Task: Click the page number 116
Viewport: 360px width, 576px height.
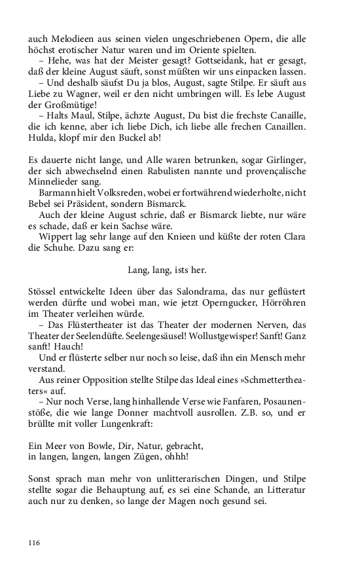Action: (x=34, y=543)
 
